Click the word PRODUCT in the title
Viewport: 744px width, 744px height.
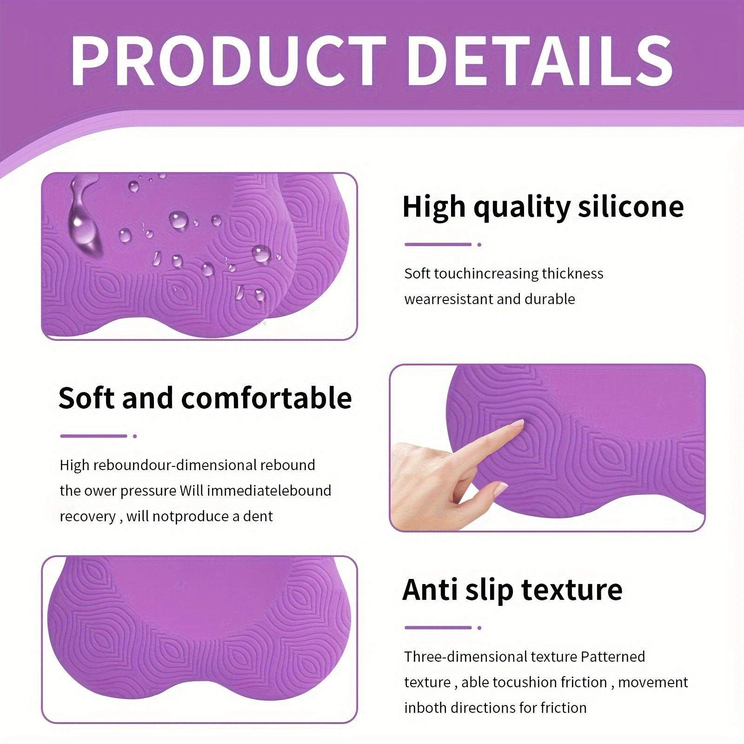tap(228, 61)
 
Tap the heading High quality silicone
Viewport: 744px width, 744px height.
tap(543, 207)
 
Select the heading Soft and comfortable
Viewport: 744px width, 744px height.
tap(205, 398)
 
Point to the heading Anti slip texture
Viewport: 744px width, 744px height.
tap(512, 590)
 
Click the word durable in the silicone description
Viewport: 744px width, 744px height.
tap(550, 299)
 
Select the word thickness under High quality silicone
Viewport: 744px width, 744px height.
tap(572, 273)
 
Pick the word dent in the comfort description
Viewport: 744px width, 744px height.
tap(259, 516)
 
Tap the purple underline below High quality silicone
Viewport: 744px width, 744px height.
tap(438, 244)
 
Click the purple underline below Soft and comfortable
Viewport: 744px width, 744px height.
tap(93, 436)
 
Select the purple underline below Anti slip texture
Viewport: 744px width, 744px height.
tap(438, 627)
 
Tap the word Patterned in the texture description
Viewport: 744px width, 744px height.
tap(613, 657)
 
